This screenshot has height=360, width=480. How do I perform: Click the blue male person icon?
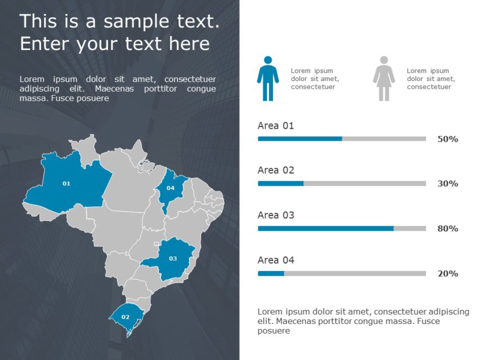point(268,79)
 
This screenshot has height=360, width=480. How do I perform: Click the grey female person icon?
point(384,79)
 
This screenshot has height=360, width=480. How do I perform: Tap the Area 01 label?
point(276,125)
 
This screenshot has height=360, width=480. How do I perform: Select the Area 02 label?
point(276,170)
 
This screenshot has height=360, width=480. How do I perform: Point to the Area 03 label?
point(276,215)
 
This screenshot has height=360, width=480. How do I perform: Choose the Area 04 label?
point(276,260)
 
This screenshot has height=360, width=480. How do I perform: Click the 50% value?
point(447,139)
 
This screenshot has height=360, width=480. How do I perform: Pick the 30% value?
point(447,183)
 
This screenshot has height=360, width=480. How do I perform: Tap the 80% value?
point(447,228)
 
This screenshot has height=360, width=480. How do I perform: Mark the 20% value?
point(447,273)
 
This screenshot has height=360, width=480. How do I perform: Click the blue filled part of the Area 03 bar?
point(325,228)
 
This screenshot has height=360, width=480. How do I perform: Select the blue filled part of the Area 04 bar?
point(271,273)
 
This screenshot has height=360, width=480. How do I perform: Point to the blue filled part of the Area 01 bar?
point(299,138)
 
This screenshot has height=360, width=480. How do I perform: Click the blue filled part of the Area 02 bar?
point(280,183)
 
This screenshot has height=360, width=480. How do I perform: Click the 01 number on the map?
point(66,183)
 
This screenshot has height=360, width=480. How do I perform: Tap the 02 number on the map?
point(125,317)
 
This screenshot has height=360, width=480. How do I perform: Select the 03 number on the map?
point(173,259)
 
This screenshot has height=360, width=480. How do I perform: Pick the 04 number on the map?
point(171,188)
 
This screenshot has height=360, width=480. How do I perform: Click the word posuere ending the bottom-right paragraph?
point(273,331)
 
